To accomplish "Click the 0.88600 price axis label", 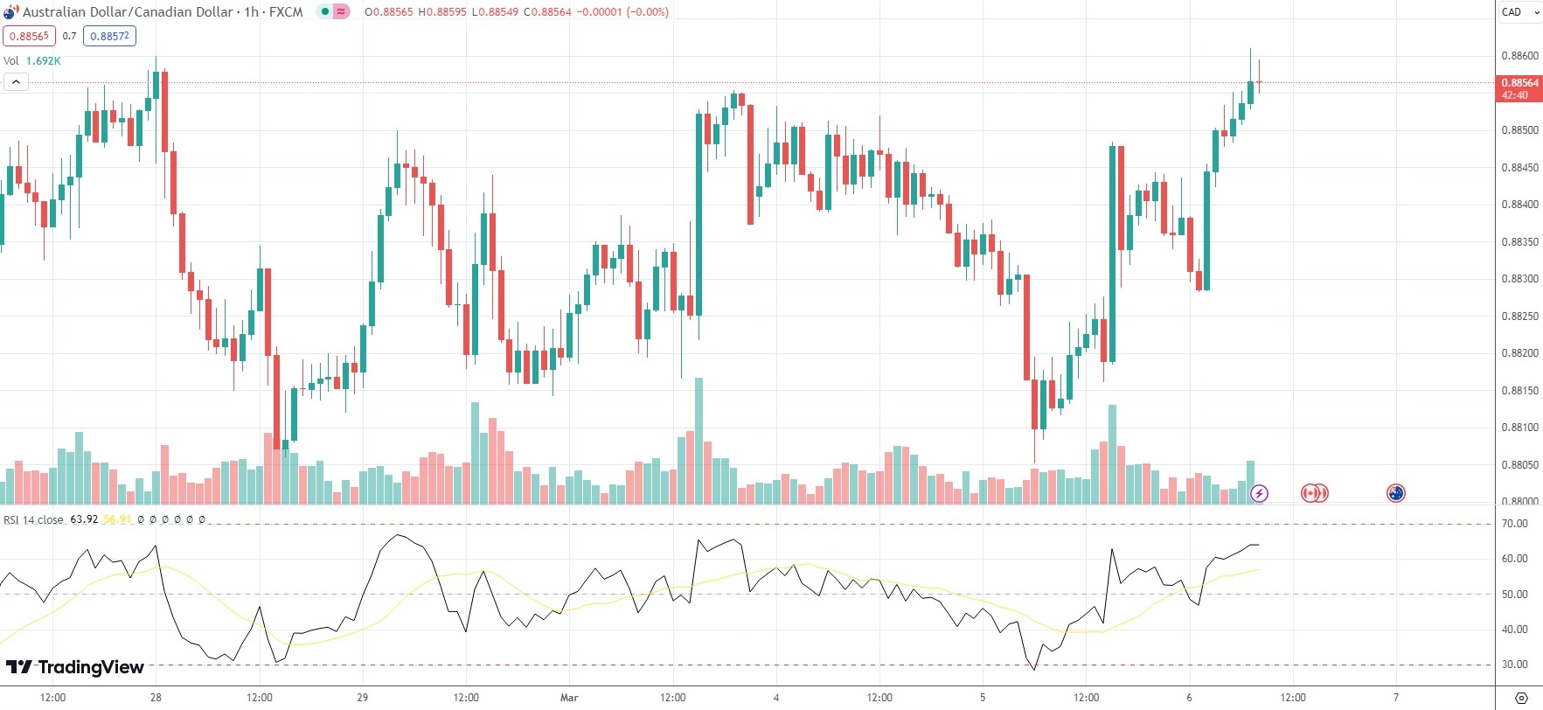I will (x=1519, y=56).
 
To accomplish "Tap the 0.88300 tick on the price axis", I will (x=1519, y=279).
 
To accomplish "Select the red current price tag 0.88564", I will (x=1519, y=83).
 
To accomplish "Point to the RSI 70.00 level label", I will (x=1514, y=524).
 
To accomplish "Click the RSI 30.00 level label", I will (x=1514, y=665).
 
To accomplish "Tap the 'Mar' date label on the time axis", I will (x=569, y=698).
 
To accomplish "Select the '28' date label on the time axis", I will (x=156, y=698).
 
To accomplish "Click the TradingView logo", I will (x=75, y=668).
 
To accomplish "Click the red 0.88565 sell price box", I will (x=29, y=36).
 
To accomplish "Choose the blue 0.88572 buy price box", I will (x=110, y=36).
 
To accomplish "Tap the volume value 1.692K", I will (x=43, y=61).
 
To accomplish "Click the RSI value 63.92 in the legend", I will (x=84, y=519).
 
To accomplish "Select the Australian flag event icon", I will (x=1395, y=493).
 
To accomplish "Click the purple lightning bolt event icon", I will (x=1259, y=493).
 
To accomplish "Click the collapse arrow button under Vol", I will (x=16, y=82).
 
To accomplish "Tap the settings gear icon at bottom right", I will (x=1521, y=698).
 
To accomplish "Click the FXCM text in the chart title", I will (x=286, y=12).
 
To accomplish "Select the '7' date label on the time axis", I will (x=1396, y=698).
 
